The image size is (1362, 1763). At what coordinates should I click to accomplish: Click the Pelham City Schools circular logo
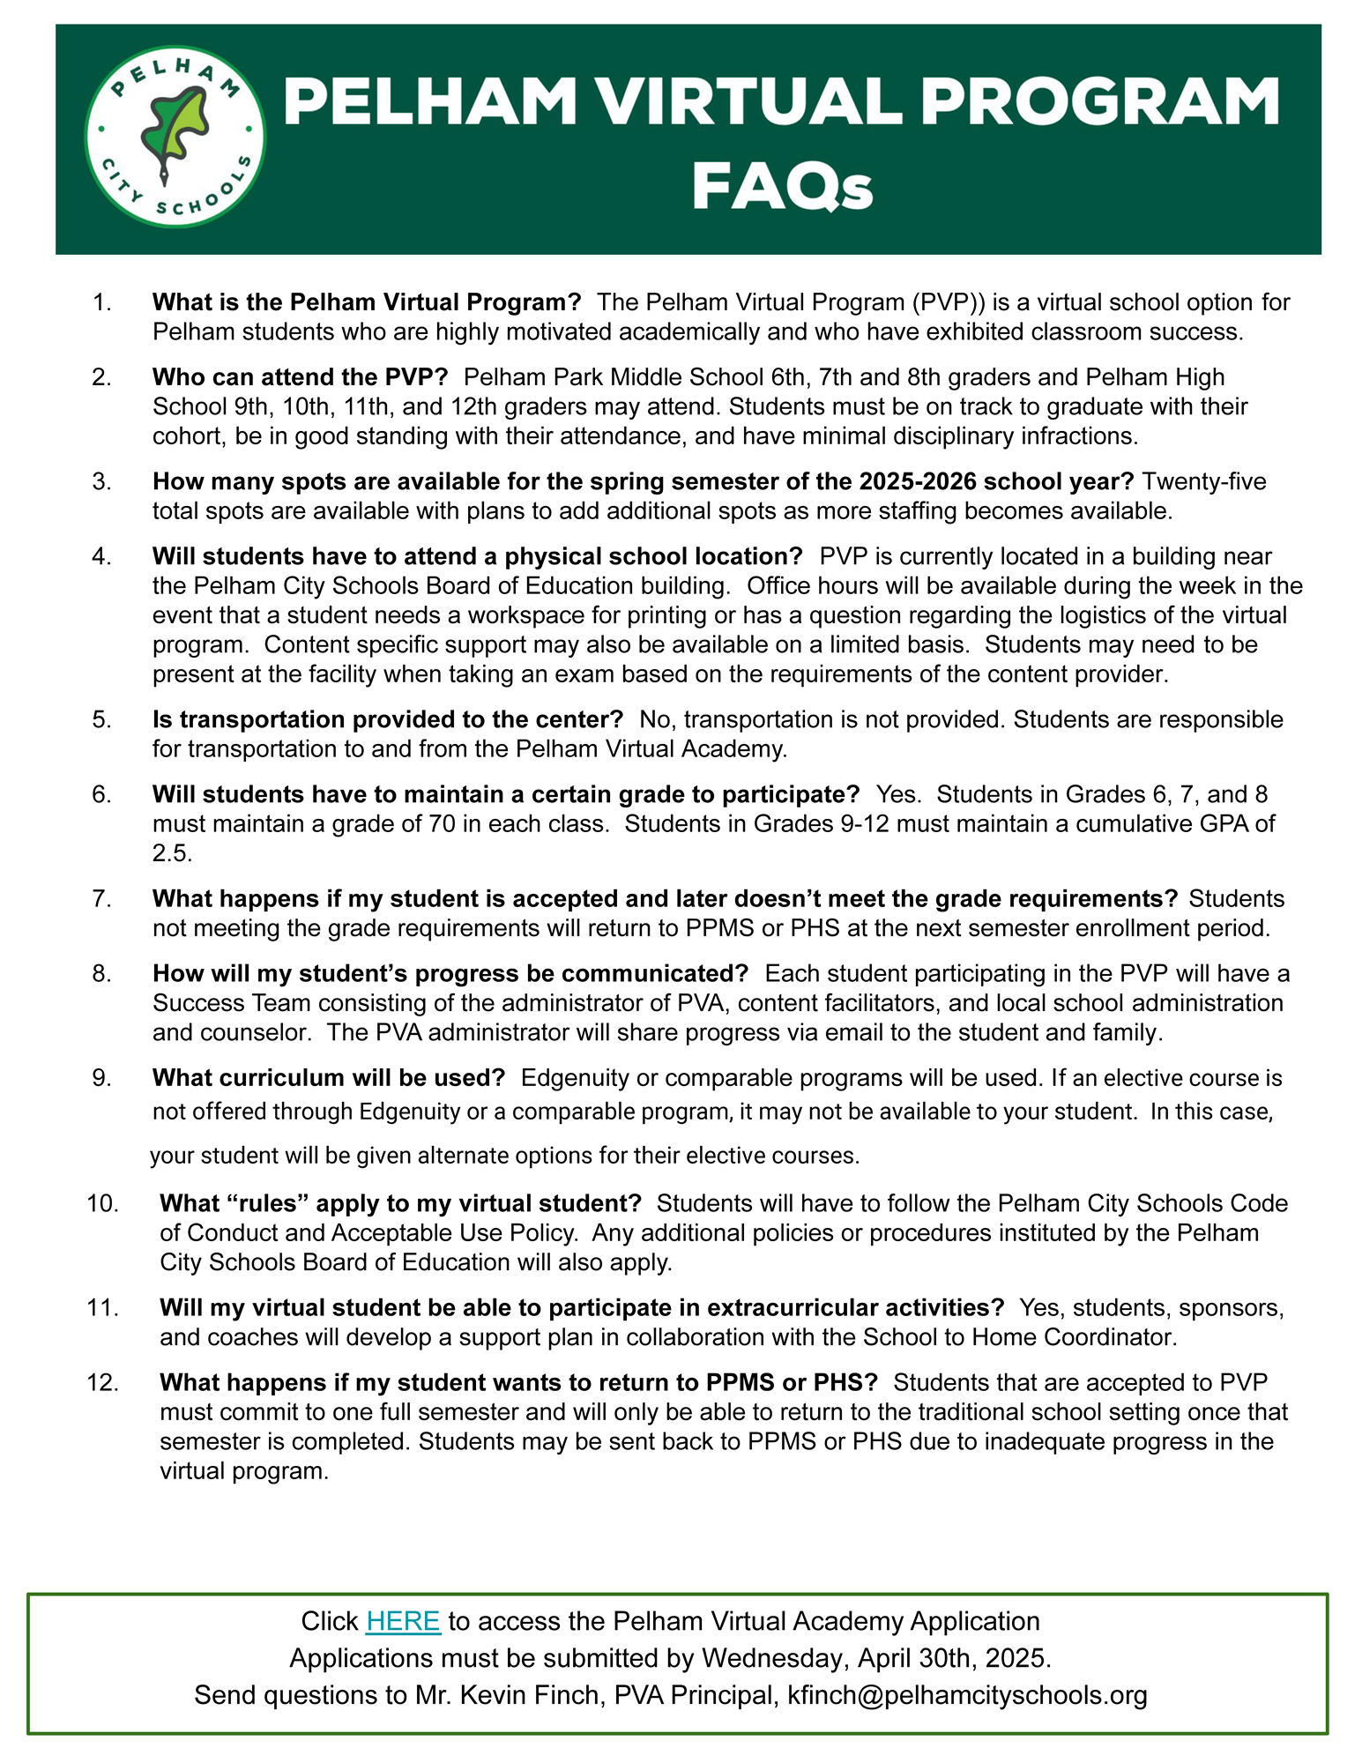(175, 137)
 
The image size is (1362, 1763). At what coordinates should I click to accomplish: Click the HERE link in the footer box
(403, 1620)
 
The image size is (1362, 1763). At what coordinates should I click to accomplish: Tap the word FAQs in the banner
(782, 187)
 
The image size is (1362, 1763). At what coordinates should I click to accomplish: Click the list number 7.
(101, 898)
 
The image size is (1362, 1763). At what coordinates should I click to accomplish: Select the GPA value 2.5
(172, 853)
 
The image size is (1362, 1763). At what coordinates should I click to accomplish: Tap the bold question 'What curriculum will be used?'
(328, 1077)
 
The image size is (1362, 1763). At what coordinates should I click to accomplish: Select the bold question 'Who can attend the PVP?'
(300, 377)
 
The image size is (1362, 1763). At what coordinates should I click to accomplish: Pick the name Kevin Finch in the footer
(531, 1694)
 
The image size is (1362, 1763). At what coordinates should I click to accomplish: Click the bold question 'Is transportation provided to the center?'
(387, 719)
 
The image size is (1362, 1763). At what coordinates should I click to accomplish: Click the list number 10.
(102, 1203)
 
